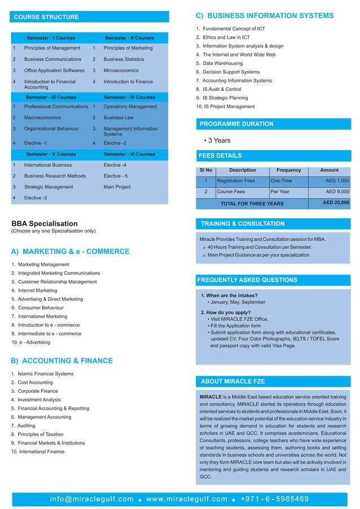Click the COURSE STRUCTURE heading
click(x=47, y=17)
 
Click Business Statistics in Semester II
click(x=128, y=59)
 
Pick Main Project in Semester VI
click(x=117, y=187)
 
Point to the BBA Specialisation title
click(x=45, y=223)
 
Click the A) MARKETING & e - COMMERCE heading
click(x=70, y=252)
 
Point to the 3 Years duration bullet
click(x=217, y=141)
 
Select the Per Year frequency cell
click(x=280, y=192)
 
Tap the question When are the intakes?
click(x=230, y=295)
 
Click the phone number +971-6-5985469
click(x=274, y=499)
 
